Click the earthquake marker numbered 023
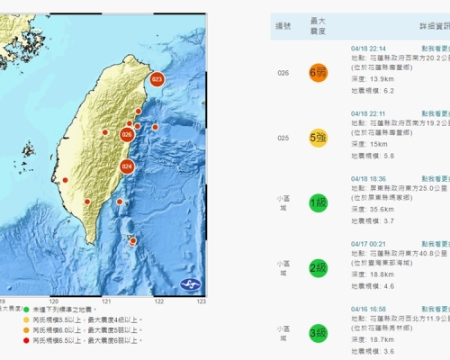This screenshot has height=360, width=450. pyautogui.click(x=157, y=80)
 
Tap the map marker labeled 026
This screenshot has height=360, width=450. pyautogui.click(x=127, y=135)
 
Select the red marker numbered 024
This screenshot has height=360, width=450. pyautogui.click(x=127, y=166)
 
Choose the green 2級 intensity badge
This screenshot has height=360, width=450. pyautogui.click(x=317, y=267)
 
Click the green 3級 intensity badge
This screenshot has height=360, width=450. pyautogui.click(x=317, y=332)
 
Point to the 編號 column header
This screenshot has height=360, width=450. pyautogui.click(x=283, y=26)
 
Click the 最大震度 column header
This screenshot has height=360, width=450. pyautogui.click(x=317, y=26)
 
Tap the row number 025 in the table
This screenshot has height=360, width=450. pyautogui.click(x=283, y=138)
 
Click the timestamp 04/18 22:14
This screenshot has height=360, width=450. pyautogui.click(x=367, y=47)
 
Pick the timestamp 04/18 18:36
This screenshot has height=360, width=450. pyautogui.click(x=367, y=179)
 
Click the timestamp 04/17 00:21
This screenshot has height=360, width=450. pyautogui.click(x=367, y=243)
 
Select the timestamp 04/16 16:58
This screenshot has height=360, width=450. pyautogui.click(x=367, y=308)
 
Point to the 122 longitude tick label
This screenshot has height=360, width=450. pyautogui.click(x=159, y=301)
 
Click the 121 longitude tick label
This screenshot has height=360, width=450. pyautogui.click(x=106, y=301)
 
